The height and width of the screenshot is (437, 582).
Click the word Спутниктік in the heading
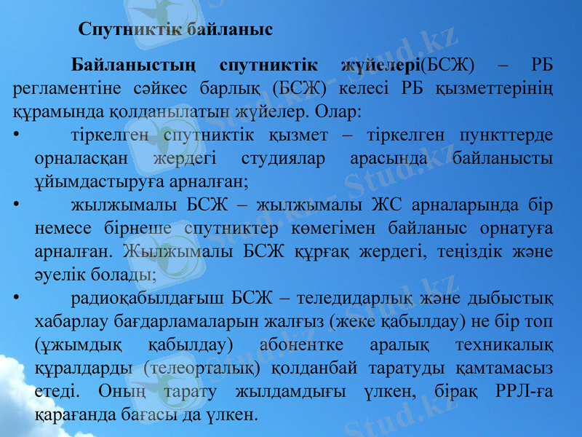[x=128, y=31]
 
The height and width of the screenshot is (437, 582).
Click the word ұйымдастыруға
[x=86, y=181]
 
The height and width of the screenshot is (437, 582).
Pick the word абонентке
[x=305, y=345]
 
